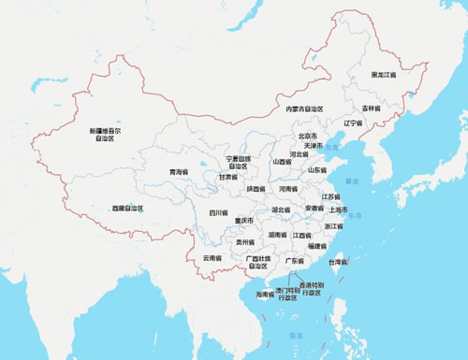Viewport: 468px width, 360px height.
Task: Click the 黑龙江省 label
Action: click(383, 74)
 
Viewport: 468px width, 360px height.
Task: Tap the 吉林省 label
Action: click(373, 108)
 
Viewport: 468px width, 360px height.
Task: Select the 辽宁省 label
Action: click(353, 123)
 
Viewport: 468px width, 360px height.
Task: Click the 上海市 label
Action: click(340, 210)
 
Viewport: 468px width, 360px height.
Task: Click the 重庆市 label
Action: click(245, 221)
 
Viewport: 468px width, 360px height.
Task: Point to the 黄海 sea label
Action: click(352, 180)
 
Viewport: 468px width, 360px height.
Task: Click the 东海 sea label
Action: click(354, 217)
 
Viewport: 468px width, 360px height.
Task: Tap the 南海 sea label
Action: click(297, 335)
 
